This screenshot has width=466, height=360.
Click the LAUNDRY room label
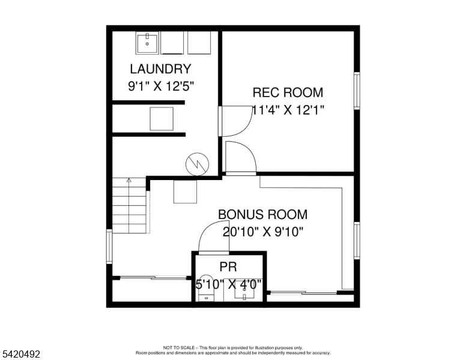coord(160,69)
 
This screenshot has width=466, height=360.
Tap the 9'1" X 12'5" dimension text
coord(161,86)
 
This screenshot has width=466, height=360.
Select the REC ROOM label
coord(288,92)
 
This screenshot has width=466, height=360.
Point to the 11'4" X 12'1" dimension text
coord(288,110)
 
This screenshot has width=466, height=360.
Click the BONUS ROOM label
coord(262,214)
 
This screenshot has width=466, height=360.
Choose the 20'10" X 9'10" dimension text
coord(262,232)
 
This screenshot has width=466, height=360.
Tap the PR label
coord(228,267)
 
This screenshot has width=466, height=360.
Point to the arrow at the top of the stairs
coord(129,179)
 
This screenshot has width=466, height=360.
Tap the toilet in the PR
coord(207,293)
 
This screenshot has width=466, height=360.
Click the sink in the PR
coord(244,293)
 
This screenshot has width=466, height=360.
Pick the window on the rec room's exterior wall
coord(357,91)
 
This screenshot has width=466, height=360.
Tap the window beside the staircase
coord(109,246)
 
